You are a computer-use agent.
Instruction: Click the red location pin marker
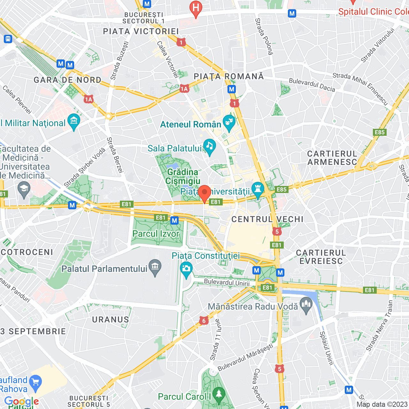[x=204, y=193]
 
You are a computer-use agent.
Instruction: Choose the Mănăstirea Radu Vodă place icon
[x=306, y=305]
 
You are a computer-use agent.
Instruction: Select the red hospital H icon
[x=196, y=8]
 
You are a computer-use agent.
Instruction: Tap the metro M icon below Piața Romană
[x=232, y=89]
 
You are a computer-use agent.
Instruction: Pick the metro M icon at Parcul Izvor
[x=174, y=220]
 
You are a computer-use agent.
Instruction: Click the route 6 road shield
[x=204, y=321]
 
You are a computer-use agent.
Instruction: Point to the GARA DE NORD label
[x=67, y=80]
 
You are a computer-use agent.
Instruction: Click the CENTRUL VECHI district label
[x=267, y=219]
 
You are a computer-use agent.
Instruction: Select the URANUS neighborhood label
[x=111, y=320]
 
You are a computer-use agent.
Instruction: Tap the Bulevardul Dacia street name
[x=312, y=85]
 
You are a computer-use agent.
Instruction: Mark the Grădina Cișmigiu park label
[x=183, y=176]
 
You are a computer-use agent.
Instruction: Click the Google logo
[x=21, y=401]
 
